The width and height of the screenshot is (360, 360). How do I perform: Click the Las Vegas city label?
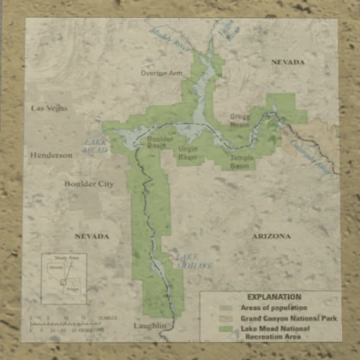49,108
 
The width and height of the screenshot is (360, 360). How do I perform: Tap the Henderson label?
52,156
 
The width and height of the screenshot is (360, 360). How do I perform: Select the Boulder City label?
88,183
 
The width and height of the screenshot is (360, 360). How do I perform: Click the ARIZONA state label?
272,235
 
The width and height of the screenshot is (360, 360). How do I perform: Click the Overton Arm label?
162,74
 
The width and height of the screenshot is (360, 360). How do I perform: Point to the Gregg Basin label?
239,119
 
